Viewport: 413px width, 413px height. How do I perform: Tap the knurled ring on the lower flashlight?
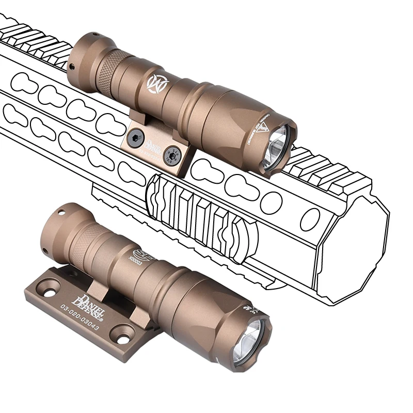(83, 237)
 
